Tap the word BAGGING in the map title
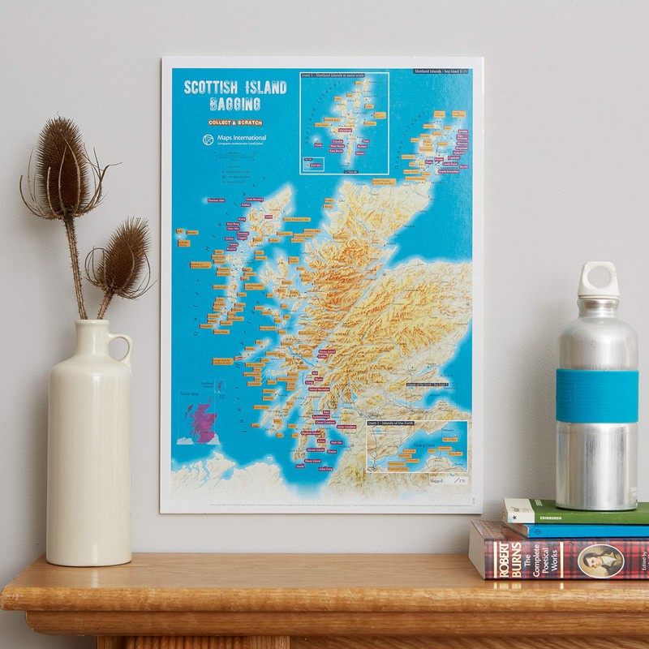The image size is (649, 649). pyautogui.click(x=235, y=105)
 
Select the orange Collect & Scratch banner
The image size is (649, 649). pyautogui.click(x=235, y=122)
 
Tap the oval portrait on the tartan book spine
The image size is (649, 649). pyautogui.click(x=600, y=560)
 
